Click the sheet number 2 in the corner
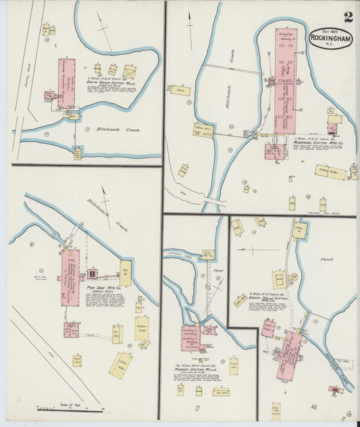pos(346,16)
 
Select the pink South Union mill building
pos(68,83)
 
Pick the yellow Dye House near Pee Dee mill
pos(126,272)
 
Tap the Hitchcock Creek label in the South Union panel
pos(109,130)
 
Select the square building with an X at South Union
pos(130,71)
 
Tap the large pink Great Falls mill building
pos(290,351)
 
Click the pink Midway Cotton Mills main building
pos(192,338)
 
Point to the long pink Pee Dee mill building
pos(70,277)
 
